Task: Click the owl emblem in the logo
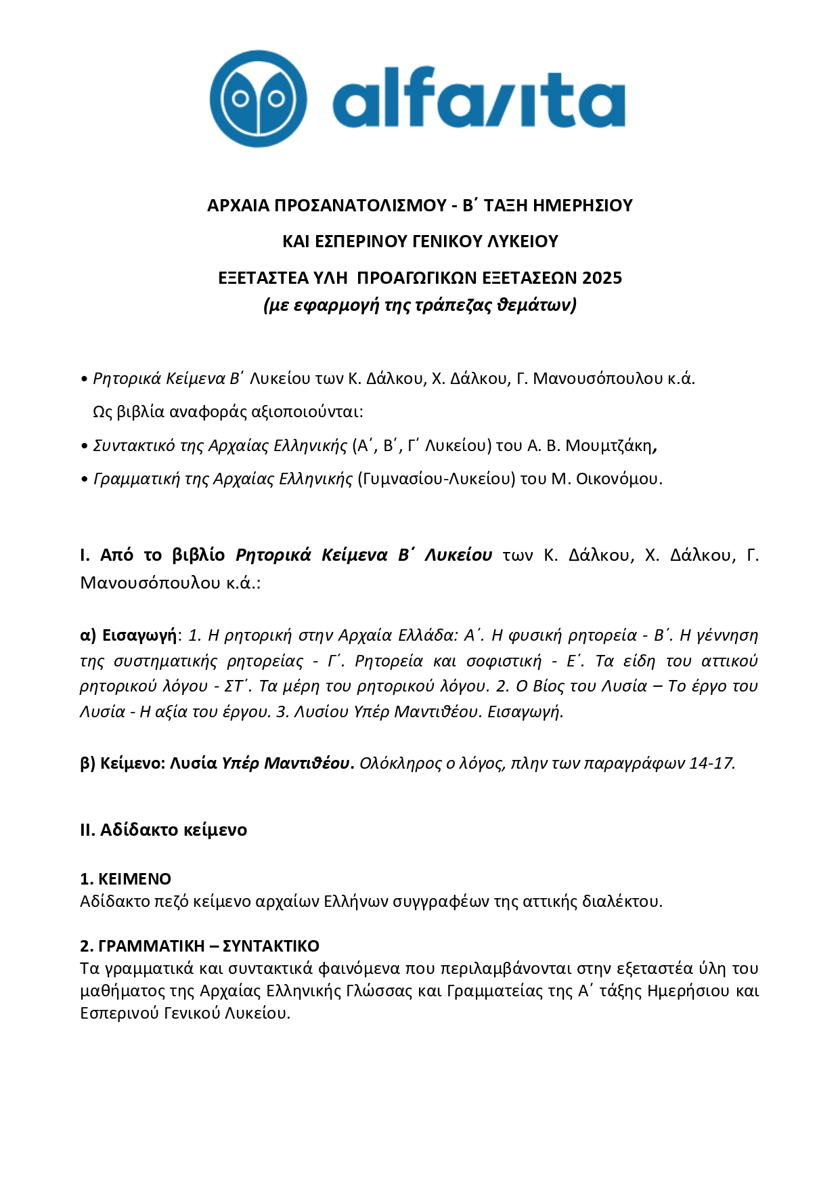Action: coord(258,99)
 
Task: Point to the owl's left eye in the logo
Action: coord(241,100)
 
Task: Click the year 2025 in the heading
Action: coord(602,278)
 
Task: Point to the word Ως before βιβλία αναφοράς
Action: coord(102,412)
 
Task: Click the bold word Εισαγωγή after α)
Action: coord(139,635)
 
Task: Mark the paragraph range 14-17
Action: coord(711,763)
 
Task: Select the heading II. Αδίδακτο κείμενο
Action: coord(163,830)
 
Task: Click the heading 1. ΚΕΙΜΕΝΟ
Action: coord(125,879)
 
